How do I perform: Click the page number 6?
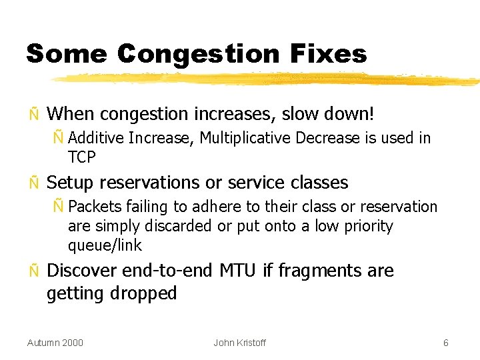pos(446,343)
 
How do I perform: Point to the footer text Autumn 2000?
pos(55,343)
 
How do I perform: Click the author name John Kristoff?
pos(239,343)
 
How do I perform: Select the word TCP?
pos(82,157)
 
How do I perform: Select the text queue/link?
pos(105,245)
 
